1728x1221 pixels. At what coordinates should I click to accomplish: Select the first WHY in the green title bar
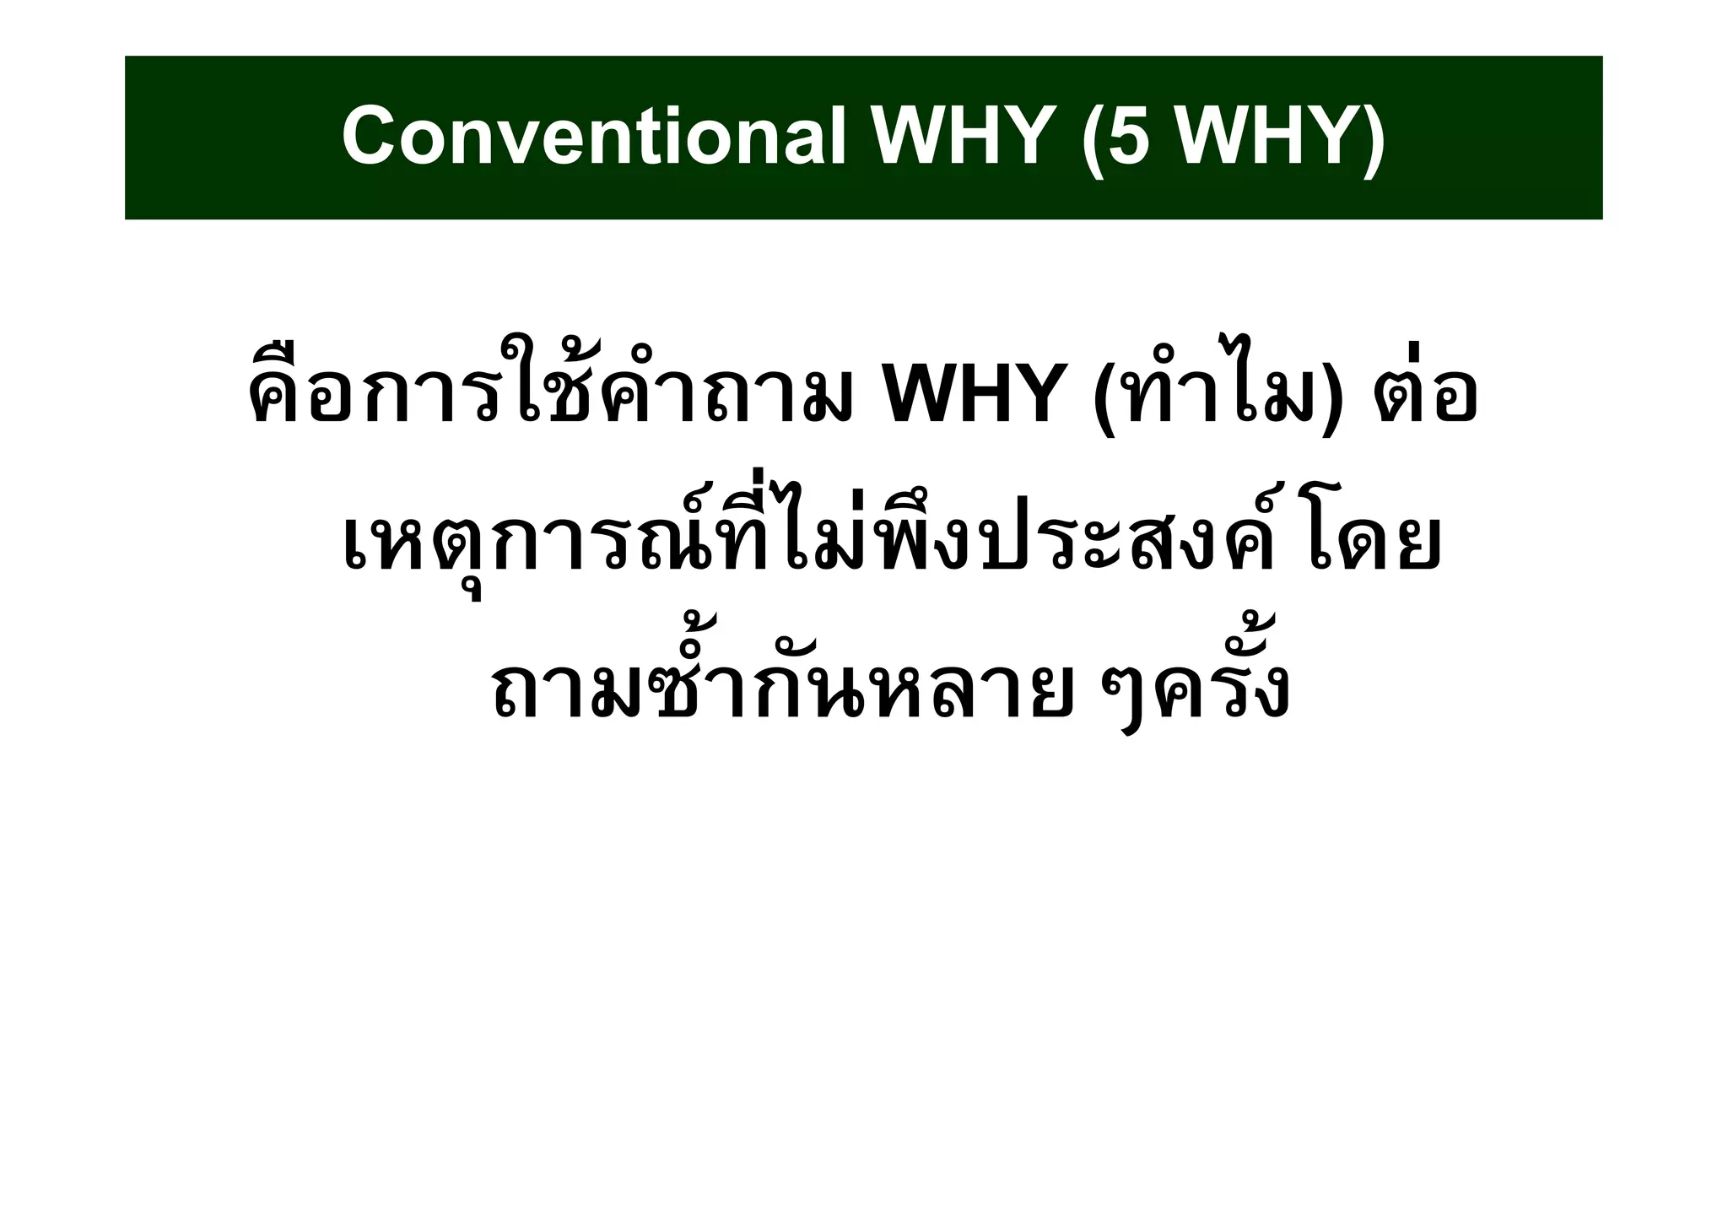(962, 138)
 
